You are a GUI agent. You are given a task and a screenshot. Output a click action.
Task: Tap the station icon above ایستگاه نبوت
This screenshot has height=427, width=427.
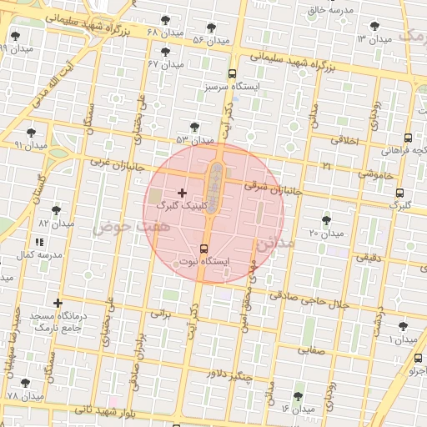tap(204, 249)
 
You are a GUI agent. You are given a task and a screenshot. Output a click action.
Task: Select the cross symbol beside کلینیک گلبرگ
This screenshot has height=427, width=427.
tap(183, 193)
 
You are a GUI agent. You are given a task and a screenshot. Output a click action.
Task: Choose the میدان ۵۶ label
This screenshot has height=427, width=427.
tap(210, 39)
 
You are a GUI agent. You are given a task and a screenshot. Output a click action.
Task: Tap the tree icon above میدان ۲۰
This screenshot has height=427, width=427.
tap(326, 220)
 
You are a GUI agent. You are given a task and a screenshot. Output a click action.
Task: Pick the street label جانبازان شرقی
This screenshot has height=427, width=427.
tap(272, 188)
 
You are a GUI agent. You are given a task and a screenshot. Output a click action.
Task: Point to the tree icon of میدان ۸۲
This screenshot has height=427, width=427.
tap(56, 210)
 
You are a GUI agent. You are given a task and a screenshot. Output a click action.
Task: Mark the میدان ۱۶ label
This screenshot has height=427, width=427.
tap(297, 409)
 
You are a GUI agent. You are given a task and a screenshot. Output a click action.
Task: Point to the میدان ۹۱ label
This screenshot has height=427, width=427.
tap(31, 144)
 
